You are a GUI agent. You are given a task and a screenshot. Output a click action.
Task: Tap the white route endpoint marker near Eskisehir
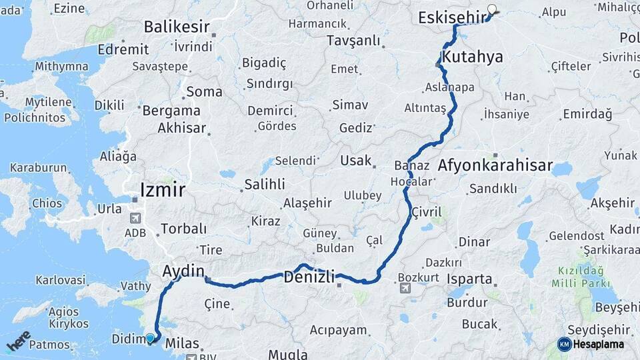(493, 9)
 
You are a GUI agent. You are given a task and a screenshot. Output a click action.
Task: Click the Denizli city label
(309, 277)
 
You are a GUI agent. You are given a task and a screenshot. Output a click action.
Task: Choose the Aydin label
(183, 271)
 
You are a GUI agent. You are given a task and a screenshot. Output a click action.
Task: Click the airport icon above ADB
(135, 219)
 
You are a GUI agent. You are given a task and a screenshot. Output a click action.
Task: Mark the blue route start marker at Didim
(151, 339)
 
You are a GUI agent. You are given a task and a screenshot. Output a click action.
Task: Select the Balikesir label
(177, 28)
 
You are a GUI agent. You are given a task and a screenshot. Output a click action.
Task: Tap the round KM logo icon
(565, 344)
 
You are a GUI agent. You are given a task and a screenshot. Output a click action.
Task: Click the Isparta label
(469, 279)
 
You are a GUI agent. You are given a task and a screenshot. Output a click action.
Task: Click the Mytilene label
(49, 103)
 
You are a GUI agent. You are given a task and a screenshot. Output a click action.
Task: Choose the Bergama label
(171, 111)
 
